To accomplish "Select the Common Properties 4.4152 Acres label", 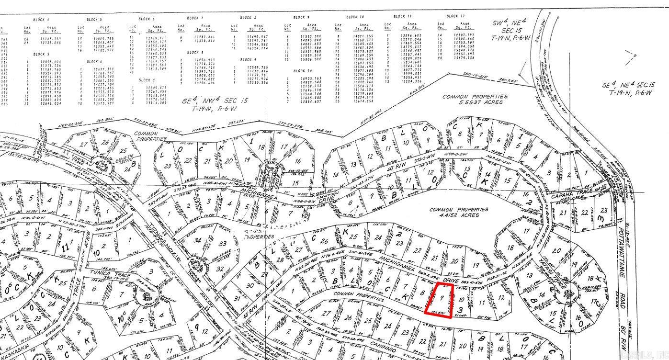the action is click(458, 213).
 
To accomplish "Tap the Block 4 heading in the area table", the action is click(41, 20).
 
